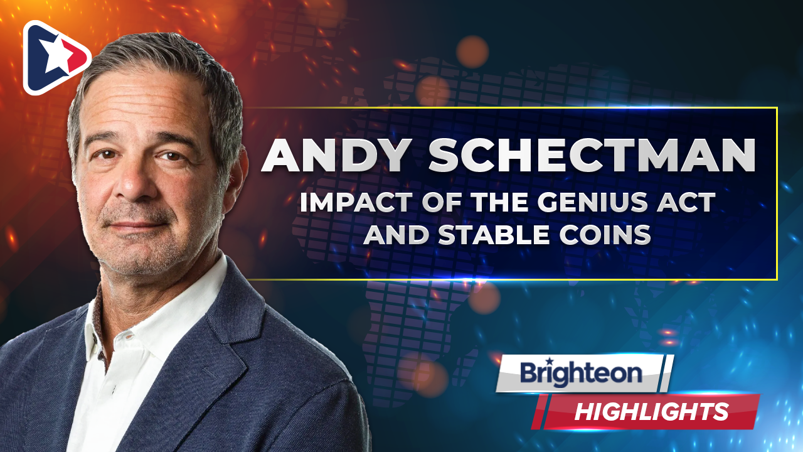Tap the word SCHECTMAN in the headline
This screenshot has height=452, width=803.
click(592, 155)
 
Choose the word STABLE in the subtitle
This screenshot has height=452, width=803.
click(494, 235)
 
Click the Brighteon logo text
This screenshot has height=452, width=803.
click(581, 373)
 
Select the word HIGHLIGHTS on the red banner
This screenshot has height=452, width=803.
click(652, 411)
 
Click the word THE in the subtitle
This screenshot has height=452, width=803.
click(502, 202)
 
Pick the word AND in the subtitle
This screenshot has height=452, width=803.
click(396, 235)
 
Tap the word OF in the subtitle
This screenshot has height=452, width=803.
click(443, 202)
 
